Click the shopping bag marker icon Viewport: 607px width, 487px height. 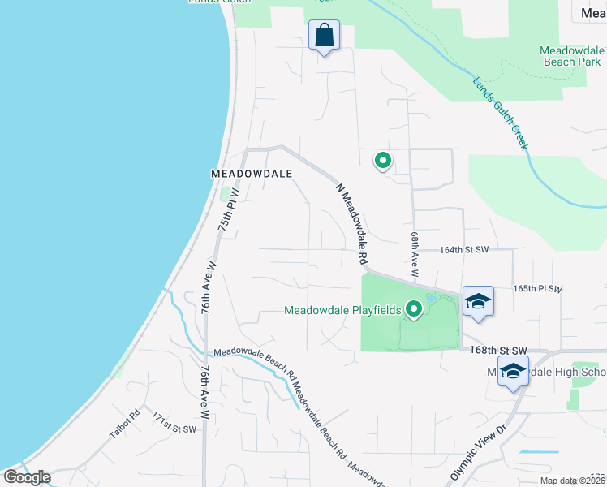pos(324,36)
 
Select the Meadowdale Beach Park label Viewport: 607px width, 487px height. pos(570,56)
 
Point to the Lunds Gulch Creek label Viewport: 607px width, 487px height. pos(500,112)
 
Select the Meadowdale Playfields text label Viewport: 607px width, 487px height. pos(342,310)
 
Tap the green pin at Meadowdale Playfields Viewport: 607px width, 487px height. pos(415,308)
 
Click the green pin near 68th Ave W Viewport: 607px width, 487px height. pos(382,161)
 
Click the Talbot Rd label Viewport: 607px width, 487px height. pos(123,425)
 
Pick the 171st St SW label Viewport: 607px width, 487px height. pos(174,422)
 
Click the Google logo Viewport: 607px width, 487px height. pos(27,476)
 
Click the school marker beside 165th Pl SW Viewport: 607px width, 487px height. pos(478,301)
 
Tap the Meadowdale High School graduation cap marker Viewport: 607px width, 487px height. pos(513,371)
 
